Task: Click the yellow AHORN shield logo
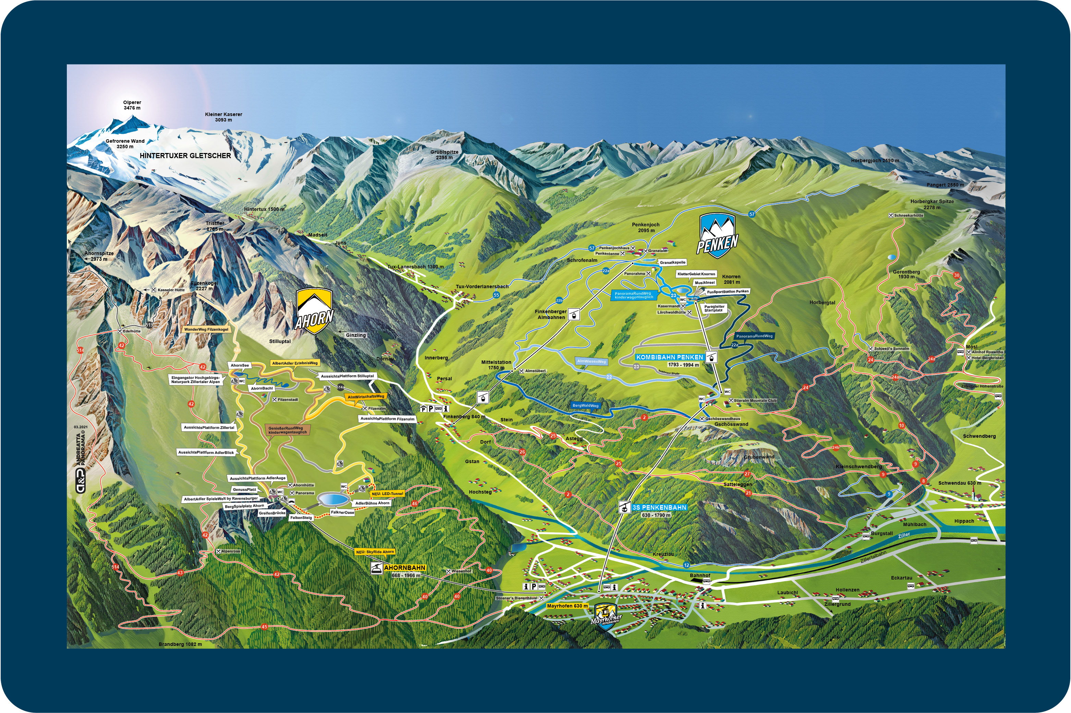pos(314,311)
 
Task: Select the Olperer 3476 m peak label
pos(132,105)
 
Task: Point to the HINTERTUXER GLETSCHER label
pos(185,155)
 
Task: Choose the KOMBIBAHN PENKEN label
pos(670,357)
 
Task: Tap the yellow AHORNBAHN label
pos(405,568)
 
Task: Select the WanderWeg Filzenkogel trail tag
pos(206,329)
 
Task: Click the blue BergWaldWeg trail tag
pos(585,405)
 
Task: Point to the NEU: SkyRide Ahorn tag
pos(375,551)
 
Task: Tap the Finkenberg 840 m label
pos(464,417)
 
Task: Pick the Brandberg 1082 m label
pos(180,644)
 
